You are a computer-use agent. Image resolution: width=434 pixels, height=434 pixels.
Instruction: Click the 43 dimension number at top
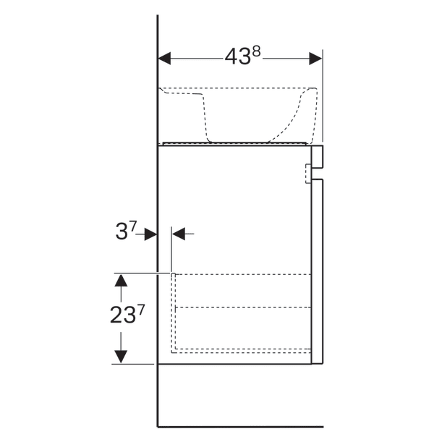[238, 57]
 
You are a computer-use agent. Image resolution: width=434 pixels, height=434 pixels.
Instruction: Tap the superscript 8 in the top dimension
[257, 51]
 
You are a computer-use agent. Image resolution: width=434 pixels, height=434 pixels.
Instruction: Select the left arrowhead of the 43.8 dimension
[164, 59]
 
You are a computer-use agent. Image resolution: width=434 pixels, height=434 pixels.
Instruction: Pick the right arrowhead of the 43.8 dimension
[315, 59]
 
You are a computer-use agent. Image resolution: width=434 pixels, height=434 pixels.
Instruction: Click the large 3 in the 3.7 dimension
[122, 232]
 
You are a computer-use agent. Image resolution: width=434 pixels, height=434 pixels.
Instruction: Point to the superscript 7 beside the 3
[133, 226]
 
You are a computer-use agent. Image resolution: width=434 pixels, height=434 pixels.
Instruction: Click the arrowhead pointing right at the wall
[151, 234]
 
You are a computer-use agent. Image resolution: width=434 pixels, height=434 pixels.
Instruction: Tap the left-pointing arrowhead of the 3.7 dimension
[179, 234]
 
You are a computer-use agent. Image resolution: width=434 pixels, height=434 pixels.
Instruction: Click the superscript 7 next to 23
[141, 310]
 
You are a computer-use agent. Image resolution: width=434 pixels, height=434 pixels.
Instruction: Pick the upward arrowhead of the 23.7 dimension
[121, 281]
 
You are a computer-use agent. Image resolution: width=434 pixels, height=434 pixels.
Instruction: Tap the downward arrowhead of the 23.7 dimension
[121, 357]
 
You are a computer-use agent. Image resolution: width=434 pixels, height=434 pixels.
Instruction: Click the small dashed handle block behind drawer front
[308, 174]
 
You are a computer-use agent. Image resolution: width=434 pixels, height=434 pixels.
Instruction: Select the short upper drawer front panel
[318, 156]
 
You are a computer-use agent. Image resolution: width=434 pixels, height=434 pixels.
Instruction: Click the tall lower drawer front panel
[318, 271]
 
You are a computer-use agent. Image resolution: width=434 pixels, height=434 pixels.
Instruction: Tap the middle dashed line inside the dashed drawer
[243, 307]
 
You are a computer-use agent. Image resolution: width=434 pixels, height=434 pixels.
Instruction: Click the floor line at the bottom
[241, 427]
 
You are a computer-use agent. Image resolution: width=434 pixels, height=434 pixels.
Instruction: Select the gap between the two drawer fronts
[318, 174]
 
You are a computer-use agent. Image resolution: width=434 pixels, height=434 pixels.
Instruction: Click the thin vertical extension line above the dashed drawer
[171, 250]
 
